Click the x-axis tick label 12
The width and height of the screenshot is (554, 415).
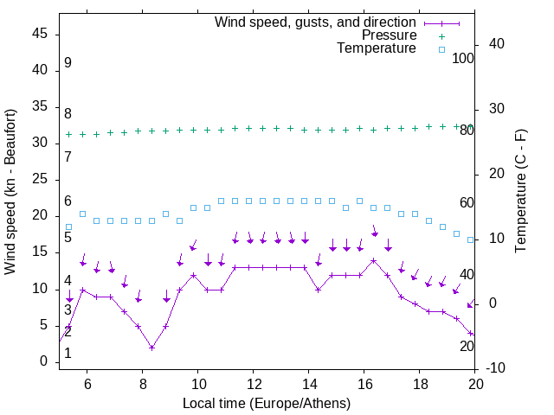(x=253, y=384)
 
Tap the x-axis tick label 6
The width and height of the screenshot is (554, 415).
(x=87, y=384)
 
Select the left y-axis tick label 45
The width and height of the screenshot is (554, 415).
(x=41, y=34)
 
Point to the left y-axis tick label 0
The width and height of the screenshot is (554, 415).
(x=44, y=362)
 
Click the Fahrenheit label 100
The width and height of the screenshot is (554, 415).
(x=463, y=58)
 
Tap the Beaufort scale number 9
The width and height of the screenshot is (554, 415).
(x=68, y=63)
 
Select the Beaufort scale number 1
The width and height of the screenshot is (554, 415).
(x=68, y=353)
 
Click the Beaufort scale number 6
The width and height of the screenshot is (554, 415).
(x=68, y=201)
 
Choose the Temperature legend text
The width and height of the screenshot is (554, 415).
(x=377, y=48)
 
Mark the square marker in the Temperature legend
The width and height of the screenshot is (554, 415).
(x=441, y=49)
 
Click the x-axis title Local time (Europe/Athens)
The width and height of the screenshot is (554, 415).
(x=267, y=403)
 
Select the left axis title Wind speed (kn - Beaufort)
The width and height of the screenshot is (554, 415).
(x=11, y=192)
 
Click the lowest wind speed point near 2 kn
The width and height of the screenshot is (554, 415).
(x=151, y=348)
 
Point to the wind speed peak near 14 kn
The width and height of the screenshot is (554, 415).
(x=374, y=260)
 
